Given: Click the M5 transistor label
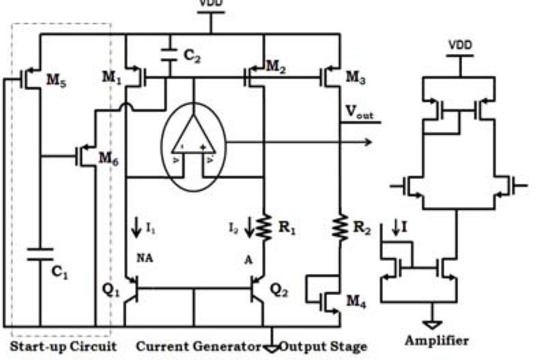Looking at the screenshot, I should pos(56,81).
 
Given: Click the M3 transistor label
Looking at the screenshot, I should pos(356,77).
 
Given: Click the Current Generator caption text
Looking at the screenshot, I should pos(198,346).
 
